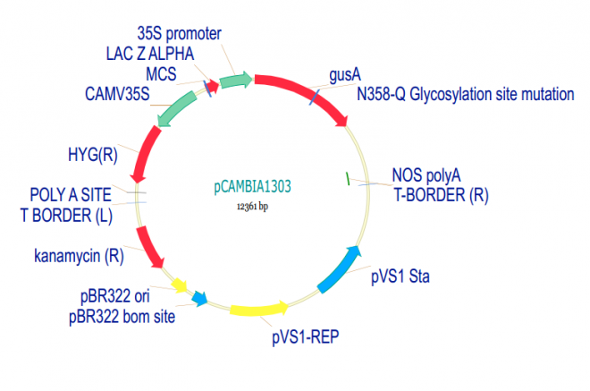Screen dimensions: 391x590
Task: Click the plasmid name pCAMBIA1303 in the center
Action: (253, 188)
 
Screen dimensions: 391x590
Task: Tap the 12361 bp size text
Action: (253, 207)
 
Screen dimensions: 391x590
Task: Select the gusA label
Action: (345, 73)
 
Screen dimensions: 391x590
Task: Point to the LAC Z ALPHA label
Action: (150, 53)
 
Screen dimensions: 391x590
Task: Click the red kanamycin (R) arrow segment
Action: (149, 247)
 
